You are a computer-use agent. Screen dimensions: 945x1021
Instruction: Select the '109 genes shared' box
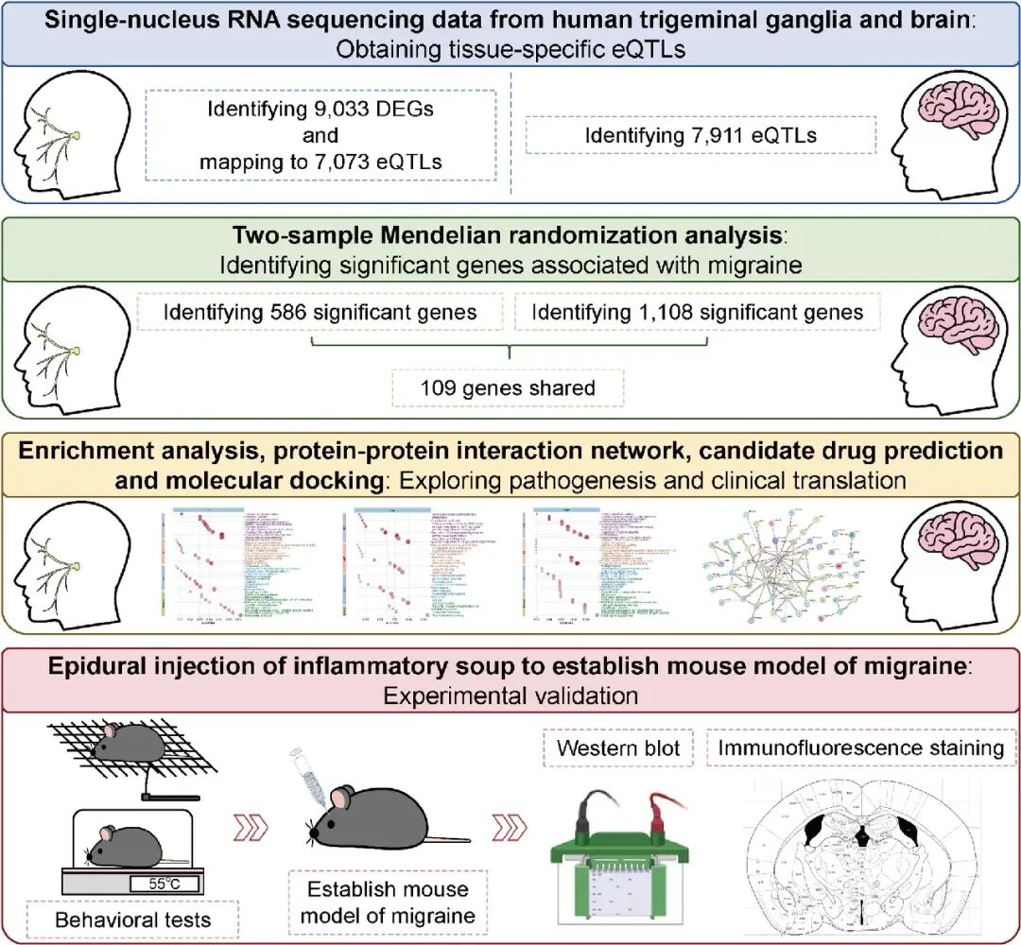click(508, 387)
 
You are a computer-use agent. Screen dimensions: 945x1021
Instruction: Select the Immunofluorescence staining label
click(861, 747)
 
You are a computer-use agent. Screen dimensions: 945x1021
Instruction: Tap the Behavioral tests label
click(131, 919)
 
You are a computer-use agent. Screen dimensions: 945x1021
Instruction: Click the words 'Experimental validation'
click(510, 696)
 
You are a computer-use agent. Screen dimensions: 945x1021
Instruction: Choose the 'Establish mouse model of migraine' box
click(389, 902)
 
